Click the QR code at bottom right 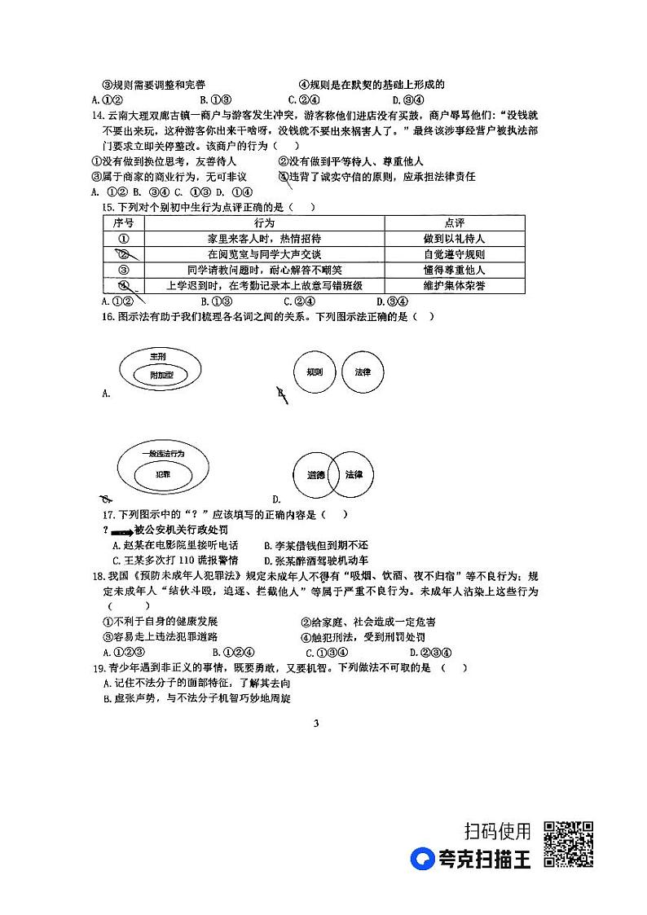pyautogui.click(x=568, y=845)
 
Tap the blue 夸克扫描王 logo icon pyautogui.click(x=422, y=859)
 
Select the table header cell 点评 pyautogui.click(x=454, y=223)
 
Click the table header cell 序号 pyautogui.click(x=123, y=223)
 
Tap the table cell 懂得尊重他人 pyautogui.click(x=454, y=270)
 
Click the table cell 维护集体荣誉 pyautogui.click(x=454, y=285)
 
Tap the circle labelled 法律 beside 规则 pyautogui.click(x=363, y=372)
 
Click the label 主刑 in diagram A pyautogui.click(x=157, y=357)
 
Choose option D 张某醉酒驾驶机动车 pyautogui.click(x=315, y=561)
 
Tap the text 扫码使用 pyautogui.click(x=497, y=831)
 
